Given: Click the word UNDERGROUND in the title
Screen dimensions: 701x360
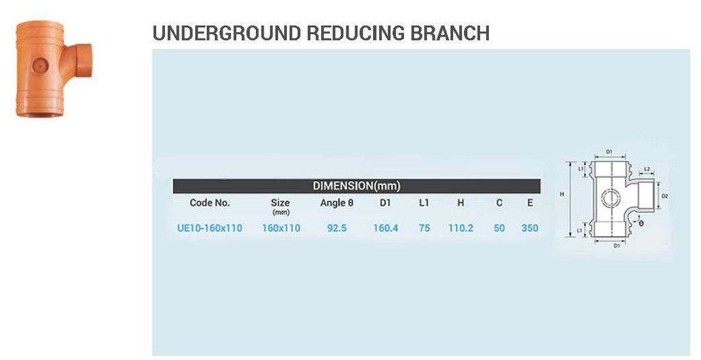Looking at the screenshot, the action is click(x=226, y=34).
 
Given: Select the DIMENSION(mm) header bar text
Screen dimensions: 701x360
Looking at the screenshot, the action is click(x=356, y=186).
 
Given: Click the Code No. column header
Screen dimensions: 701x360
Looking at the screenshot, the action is click(x=209, y=203).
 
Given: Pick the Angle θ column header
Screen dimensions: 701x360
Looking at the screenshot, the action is click(x=337, y=203).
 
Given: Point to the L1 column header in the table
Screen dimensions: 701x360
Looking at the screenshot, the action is click(x=424, y=203).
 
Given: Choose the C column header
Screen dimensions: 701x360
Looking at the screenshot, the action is click(x=499, y=203).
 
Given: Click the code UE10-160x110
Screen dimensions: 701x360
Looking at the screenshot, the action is click(x=209, y=228).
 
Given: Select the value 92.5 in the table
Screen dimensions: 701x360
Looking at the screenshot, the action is click(x=337, y=228).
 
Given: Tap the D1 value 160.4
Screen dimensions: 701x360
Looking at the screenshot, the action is click(x=385, y=228).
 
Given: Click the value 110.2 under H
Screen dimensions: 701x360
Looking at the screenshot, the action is click(x=461, y=228).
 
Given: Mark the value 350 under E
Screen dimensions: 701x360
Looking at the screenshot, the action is click(x=530, y=228).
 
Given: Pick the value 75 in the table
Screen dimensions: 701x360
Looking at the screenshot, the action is click(x=424, y=228).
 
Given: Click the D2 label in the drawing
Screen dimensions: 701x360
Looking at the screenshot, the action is click(x=665, y=196).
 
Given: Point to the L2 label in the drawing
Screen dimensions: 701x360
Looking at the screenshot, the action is click(x=647, y=170).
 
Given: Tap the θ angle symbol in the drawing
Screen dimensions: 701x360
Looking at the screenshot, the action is click(x=641, y=222).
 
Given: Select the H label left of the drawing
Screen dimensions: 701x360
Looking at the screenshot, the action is click(x=562, y=194).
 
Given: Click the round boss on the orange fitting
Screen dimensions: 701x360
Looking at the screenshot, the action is click(x=40, y=66).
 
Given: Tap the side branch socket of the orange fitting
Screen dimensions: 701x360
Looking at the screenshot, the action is click(x=82, y=60).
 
